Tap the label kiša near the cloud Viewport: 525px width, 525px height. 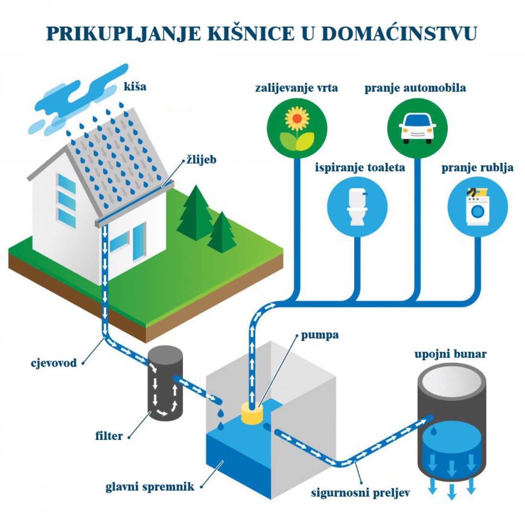(135, 87)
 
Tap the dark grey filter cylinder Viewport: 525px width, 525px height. (166, 382)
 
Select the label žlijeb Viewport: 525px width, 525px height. (201, 160)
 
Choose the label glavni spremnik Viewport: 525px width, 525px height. (150, 487)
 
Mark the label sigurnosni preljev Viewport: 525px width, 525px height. (360, 492)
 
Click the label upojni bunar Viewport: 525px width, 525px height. (450, 354)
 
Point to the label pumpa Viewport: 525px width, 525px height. (319, 335)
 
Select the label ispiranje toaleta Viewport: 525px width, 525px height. (360, 167)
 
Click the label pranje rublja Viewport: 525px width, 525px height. (477, 167)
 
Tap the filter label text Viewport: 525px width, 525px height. (109, 436)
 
